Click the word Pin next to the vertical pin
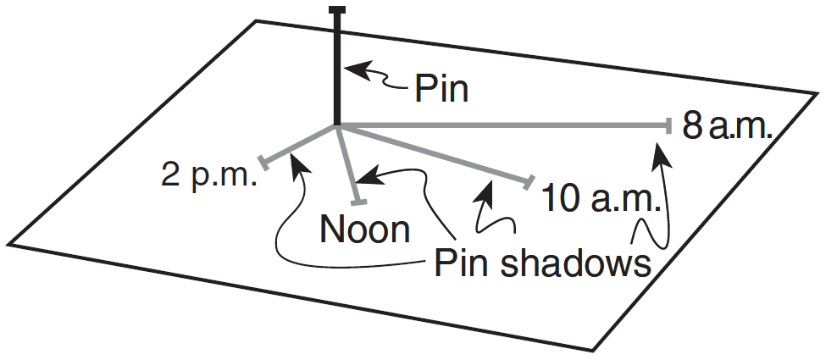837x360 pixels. coord(441,88)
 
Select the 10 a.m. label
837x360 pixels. coord(600,199)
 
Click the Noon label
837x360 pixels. coord(365,229)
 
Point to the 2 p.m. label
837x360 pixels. coord(208,176)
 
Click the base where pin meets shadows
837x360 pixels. coord(338,127)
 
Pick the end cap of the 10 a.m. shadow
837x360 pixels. coord(531,181)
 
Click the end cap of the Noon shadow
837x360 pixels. coord(359,202)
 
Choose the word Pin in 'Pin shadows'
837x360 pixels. coord(460,263)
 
